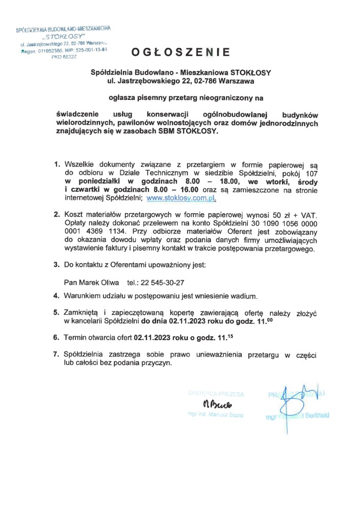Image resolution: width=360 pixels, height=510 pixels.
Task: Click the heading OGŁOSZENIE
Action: point(181,52)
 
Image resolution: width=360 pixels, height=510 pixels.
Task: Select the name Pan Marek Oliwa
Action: point(91,282)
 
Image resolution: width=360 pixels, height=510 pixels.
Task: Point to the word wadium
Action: point(258,296)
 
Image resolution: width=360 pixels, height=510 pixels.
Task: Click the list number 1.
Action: point(57,165)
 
